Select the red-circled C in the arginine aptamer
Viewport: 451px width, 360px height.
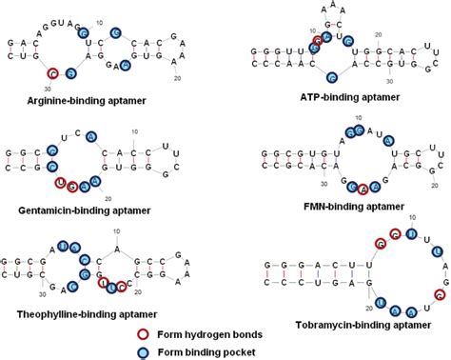(x=54, y=73)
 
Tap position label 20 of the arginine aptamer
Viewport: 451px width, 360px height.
(x=178, y=79)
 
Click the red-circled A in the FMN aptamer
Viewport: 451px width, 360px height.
(x=362, y=189)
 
